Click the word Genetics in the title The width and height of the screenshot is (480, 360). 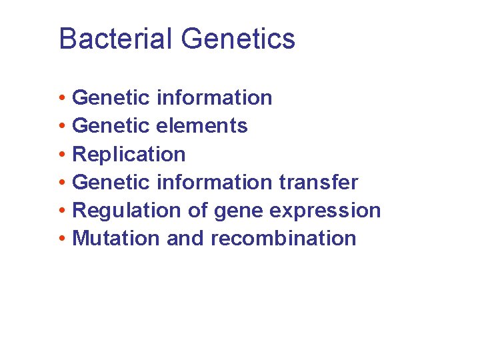[x=238, y=39]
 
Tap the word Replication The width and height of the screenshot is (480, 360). [x=129, y=154]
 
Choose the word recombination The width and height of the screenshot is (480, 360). [x=283, y=238]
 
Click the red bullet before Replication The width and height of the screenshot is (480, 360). [x=61, y=155]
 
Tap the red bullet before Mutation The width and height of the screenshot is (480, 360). [x=61, y=239]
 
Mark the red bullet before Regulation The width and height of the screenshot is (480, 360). [x=61, y=211]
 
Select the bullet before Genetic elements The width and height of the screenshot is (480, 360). [x=61, y=127]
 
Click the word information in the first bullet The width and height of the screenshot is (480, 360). [x=214, y=97]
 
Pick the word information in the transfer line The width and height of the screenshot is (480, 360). [x=214, y=182]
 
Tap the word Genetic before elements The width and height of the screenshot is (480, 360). [x=111, y=125]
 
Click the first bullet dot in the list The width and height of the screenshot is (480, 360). [x=61, y=99]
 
